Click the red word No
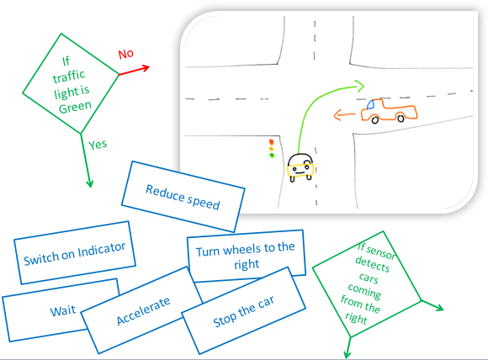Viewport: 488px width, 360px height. coord(125,54)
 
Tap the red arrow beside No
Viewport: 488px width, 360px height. coord(134,71)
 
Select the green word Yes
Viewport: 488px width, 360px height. coord(98,145)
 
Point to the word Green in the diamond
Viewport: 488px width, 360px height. coord(75,107)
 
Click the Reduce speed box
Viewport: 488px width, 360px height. coord(183,197)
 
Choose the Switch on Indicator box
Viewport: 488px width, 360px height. coord(75,252)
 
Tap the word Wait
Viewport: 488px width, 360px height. coord(63,310)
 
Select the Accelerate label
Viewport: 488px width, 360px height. coord(144,311)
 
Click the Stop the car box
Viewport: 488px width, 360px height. coord(243,311)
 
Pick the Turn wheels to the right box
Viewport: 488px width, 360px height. coord(246,256)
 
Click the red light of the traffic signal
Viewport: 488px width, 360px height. coord(272,142)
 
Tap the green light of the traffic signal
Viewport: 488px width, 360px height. coord(272,156)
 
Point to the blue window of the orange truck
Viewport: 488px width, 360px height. coord(370,104)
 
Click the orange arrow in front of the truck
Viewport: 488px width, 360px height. coord(344,115)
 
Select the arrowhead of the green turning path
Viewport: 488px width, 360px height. coord(360,86)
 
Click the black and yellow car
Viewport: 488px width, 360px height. coord(300,167)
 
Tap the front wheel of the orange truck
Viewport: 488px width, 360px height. coord(375,119)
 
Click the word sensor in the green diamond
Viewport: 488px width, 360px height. coord(380,252)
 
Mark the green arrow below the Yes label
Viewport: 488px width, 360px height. coord(86,161)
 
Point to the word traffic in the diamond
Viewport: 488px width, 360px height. coord(69,77)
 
